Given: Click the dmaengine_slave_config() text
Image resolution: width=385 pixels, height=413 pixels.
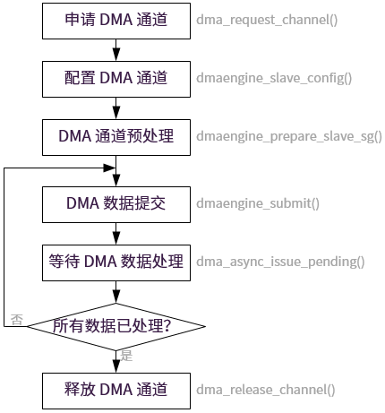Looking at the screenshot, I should tap(274, 78).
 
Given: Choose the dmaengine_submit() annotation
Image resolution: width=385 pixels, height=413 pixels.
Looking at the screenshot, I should tap(258, 203).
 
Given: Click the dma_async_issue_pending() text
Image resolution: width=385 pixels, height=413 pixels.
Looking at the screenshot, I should tap(280, 262).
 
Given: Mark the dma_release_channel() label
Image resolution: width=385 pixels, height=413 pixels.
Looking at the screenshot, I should tap(266, 390).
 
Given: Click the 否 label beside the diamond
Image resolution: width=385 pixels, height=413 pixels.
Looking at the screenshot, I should tap(16, 319).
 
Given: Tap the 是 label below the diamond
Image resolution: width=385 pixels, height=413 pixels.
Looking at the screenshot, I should tap(126, 357).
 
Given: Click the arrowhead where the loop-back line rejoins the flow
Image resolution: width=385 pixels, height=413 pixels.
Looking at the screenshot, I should tap(111, 168).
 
